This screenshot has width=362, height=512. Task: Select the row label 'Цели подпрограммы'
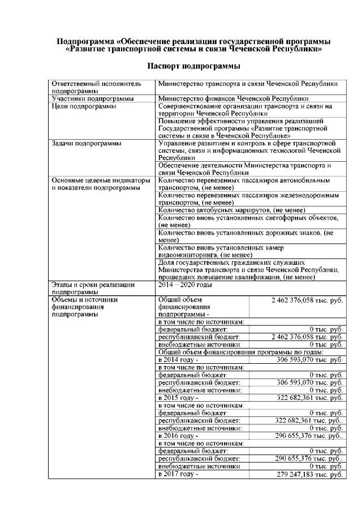[x=84, y=106]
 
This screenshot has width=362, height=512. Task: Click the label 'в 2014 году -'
[x=179, y=360]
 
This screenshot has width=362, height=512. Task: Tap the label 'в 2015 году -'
[x=179, y=397]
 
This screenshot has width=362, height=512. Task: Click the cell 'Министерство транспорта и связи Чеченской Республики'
[x=248, y=84]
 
